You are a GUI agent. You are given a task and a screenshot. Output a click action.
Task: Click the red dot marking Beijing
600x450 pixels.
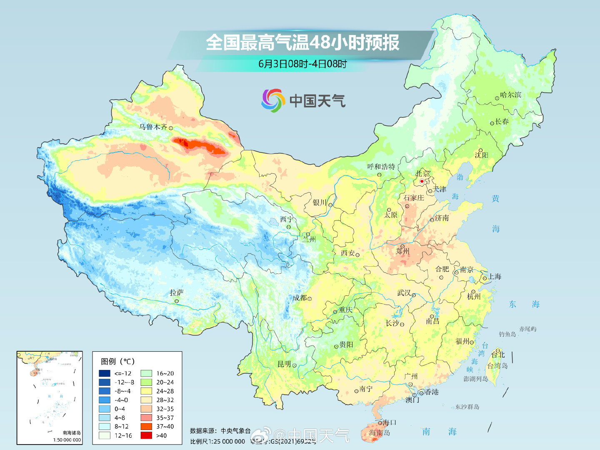pos(422,181)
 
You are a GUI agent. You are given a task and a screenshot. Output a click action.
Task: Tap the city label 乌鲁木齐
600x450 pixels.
pos(153,127)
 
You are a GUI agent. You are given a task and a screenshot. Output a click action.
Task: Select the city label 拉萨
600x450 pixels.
pos(176,293)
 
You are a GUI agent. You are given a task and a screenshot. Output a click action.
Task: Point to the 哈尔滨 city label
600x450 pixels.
pos(510,95)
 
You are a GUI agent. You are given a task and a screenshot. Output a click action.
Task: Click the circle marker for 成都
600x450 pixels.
pos(310,299)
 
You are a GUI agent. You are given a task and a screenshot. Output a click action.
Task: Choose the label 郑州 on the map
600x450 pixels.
pos(402,251)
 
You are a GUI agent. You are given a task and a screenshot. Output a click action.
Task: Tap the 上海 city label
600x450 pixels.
pos(495,277)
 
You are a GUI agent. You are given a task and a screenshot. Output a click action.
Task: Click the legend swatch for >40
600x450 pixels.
pos(146,435)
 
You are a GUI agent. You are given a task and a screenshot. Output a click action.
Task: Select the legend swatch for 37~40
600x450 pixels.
pos(146,426)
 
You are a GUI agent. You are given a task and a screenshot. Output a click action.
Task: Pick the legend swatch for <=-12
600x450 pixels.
pos(105,373)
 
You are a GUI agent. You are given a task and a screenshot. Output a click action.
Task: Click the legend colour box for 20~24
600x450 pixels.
pos(146,382)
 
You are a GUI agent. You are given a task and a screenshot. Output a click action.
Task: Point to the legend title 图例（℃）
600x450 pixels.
pos(118,361)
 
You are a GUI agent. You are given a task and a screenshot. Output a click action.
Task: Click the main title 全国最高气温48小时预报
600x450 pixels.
pos(302,42)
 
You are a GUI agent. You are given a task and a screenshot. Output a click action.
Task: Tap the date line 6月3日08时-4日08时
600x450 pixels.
pos(302,64)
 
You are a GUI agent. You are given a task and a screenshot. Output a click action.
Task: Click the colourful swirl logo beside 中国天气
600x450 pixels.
pos(273,100)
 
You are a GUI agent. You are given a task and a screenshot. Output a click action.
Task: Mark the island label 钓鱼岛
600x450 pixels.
pos(507,334)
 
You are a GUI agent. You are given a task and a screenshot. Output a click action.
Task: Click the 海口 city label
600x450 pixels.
pos(389,422)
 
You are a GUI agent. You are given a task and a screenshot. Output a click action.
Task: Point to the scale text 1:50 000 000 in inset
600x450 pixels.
pos(67,440)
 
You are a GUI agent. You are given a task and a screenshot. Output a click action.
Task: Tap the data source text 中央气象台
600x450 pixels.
pos(235,431)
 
